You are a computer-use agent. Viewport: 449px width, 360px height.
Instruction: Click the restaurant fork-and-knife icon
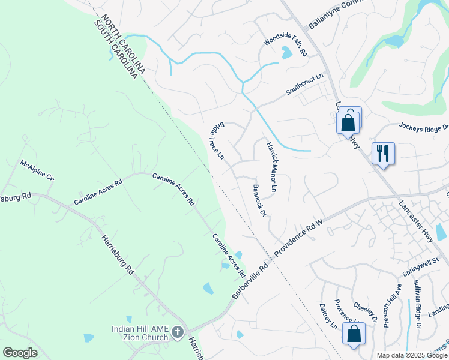coord(382,152)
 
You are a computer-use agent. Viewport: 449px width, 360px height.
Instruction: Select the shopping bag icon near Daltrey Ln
coord(354,334)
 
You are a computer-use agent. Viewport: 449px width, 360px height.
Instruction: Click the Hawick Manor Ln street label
coord(271,167)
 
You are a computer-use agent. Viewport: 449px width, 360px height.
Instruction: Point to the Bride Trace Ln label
coord(216,142)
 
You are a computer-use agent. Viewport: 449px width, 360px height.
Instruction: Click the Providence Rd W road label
coord(299,238)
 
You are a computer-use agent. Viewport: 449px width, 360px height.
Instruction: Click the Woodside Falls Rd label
coord(285,44)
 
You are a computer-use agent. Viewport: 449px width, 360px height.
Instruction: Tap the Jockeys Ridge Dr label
coord(424,127)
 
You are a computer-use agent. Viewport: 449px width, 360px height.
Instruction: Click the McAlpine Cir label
coord(37,170)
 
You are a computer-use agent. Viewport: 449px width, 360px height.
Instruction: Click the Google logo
coord(20,353)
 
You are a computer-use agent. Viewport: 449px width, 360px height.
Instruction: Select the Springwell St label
coord(421,266)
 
